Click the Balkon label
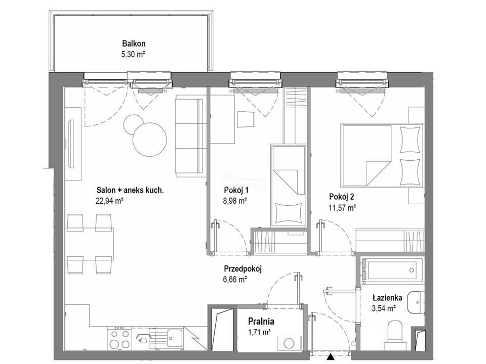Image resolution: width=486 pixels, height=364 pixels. click(134, 43)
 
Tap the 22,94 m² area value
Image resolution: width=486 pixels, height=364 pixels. click(110, 201)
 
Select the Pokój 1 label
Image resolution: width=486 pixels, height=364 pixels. click(236, 190)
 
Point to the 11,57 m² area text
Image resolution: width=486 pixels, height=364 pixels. click(342, 208)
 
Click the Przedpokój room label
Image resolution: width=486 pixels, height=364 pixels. click(242, 268)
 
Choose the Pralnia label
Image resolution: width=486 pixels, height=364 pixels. click(261, 321)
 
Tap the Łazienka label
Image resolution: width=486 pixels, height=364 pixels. click(387, 298)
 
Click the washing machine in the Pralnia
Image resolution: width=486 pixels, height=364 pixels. click(289, 344)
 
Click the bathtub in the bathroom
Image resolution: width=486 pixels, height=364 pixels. click(392, 270)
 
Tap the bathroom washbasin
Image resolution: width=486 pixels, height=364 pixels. click(416, 302)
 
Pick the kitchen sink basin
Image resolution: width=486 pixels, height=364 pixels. click(175, 338)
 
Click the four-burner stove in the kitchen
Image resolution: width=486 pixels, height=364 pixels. click(119, 339)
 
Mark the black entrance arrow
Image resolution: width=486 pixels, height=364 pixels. click(331, 357)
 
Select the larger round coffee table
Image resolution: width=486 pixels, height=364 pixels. click(150, 140)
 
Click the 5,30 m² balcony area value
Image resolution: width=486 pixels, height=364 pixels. click(133, 55)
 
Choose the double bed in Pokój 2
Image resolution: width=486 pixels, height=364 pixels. click(382, 155)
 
